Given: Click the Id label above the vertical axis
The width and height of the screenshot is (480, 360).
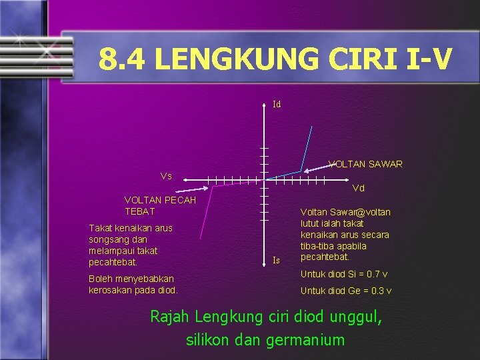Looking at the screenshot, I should coord(277,105).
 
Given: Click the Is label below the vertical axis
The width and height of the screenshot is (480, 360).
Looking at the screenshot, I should coord(276,260).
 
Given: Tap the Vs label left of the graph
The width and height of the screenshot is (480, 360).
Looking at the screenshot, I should coord(166,176).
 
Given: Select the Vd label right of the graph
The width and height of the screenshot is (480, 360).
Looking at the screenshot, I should coord(358,188).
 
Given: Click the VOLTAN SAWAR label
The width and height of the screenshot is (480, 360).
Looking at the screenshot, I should coord(365,164).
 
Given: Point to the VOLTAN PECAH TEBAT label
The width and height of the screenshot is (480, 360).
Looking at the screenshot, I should coord(160,206).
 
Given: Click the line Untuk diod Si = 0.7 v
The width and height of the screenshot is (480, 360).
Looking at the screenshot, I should coord(345,275).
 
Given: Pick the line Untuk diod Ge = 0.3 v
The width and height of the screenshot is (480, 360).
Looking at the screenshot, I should coord(346,291).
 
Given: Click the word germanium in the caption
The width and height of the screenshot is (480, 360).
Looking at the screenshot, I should coord(305,340).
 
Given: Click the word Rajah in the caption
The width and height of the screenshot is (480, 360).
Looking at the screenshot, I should coord(169,316).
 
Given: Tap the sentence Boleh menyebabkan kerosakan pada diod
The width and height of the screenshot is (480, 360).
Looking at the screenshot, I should coord(133,284).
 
